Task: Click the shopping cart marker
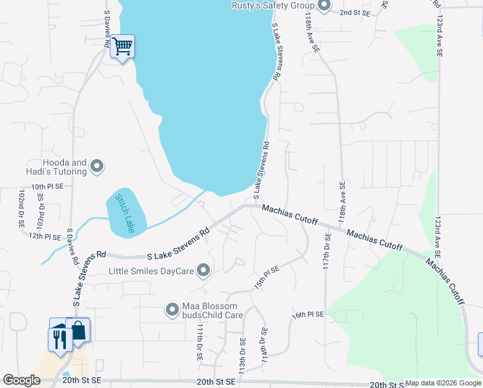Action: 122,47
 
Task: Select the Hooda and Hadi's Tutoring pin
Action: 97,166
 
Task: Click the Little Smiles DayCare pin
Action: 203,271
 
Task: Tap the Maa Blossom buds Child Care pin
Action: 172,310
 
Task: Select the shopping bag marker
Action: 78,330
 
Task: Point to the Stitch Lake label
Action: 125,213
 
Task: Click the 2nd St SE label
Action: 355,12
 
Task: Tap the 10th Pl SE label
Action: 47,186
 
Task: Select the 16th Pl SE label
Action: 307,314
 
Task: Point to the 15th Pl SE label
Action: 266,276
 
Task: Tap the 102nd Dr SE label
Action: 21,208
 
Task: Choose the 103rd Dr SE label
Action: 41,213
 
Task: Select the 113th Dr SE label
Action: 242,356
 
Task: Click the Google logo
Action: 21,380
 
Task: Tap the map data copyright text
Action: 443,383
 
